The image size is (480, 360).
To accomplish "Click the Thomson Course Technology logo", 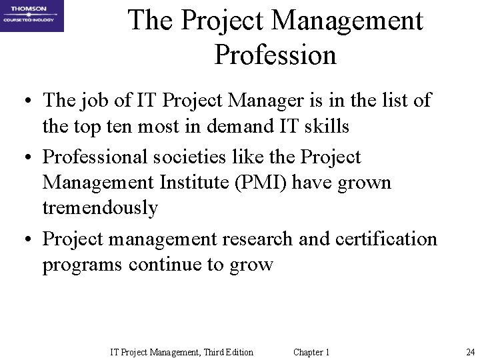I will (x=32, y=16).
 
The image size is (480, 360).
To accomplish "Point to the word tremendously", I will (x=100, y=207).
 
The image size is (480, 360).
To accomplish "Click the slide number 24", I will (x=470, y=352).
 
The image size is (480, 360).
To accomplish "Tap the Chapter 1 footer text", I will (x=311, y=352).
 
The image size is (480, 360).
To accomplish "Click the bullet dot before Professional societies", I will (x=24, y=158).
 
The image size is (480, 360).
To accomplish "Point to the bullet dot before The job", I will (x=24, y=102).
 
